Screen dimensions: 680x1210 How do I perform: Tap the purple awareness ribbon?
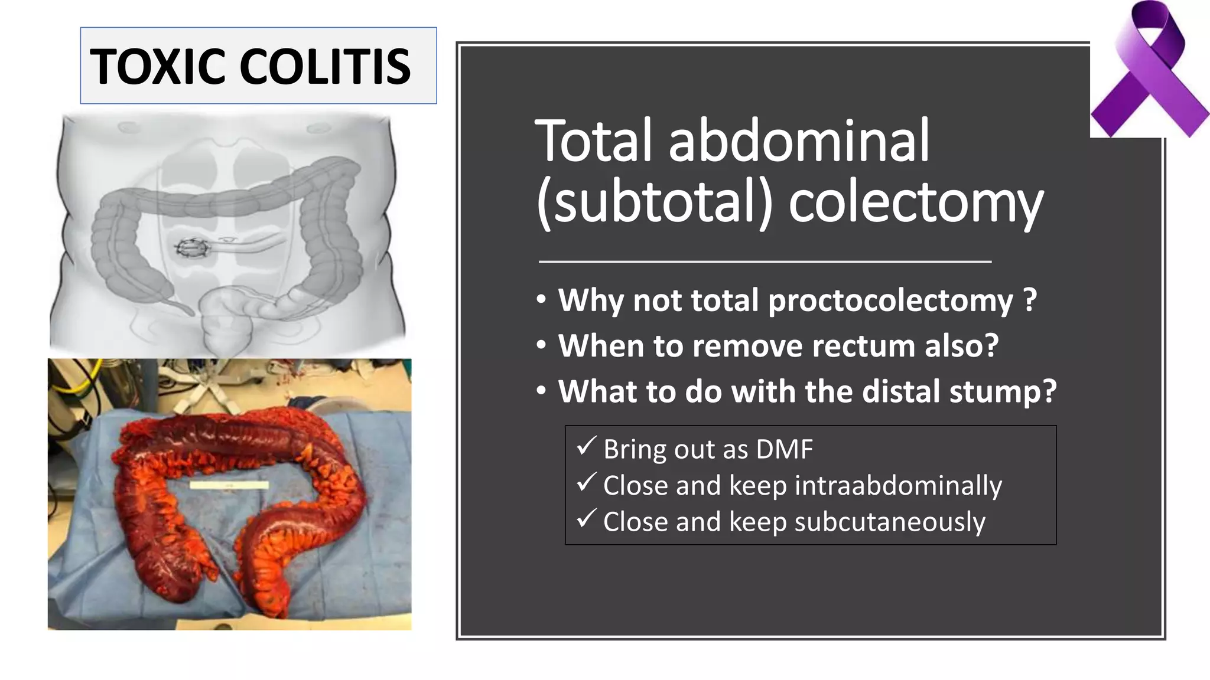tap(1149, 71)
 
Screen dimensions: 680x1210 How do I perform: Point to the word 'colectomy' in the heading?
tap(916, 203)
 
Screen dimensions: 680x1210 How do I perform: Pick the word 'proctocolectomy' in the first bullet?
tap(890, 300)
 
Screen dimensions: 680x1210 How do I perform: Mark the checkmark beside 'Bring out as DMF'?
tap(586, 446)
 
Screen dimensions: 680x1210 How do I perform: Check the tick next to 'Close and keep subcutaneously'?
tap(586, 519)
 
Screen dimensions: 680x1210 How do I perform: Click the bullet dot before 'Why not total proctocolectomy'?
tap(542, 300)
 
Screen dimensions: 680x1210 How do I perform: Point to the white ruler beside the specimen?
tap(229, 485)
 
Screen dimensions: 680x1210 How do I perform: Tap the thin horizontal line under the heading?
tap(765, 261)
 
